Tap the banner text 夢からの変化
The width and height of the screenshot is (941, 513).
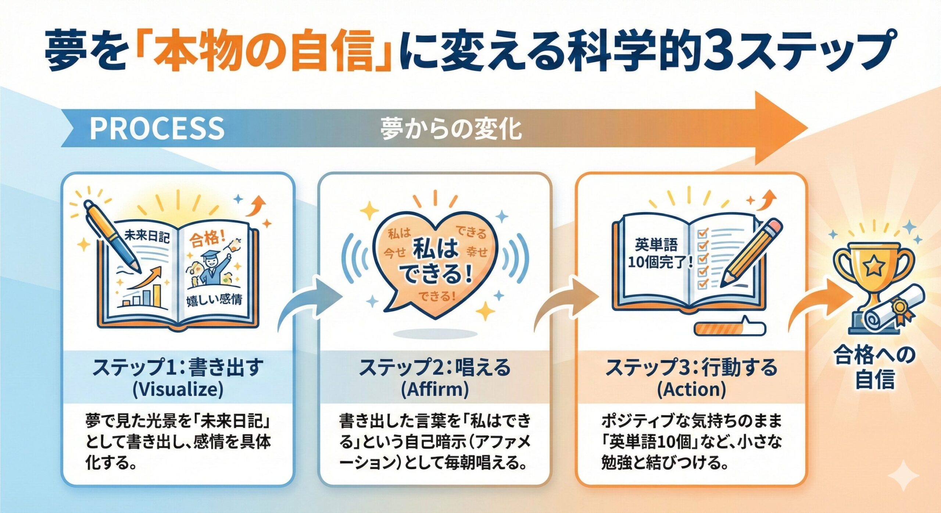pyautogui.click(x=451, y=129)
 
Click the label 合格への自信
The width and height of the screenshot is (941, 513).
pyautogui.click(x=874, y=367)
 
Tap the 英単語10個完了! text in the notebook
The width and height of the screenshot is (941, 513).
pyautogui.click(x=658, y=254)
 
